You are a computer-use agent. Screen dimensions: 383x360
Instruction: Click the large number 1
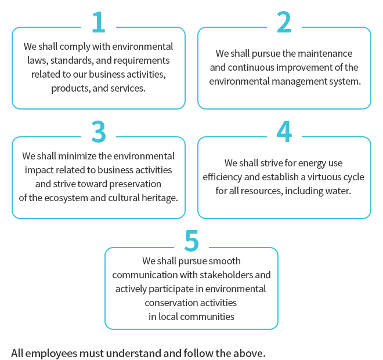(x=99, y=22)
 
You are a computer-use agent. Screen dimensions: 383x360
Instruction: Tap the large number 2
(x=284, y=22)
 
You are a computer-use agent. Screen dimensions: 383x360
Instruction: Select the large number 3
(x=99, y=132)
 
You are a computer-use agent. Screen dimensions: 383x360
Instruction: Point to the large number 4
(x=284, y=132)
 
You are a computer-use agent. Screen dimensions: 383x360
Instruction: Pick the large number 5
(x=191, y=241)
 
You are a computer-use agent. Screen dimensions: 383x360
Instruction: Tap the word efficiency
(x=222, y=177)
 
